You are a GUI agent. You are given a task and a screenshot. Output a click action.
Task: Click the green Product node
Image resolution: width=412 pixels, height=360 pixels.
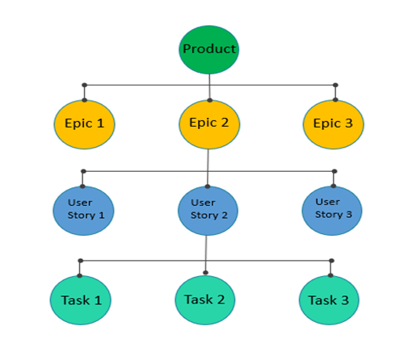pos(209,49)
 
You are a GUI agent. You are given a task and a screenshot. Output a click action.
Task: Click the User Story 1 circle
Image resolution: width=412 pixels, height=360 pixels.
pos(84,210)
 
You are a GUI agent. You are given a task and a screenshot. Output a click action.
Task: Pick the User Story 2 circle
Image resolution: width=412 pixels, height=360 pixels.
pos(208,210)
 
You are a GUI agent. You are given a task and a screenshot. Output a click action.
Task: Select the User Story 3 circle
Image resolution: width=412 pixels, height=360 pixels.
pos(333,210)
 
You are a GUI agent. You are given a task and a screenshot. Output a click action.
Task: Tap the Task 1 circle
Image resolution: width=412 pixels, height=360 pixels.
pos(81,299)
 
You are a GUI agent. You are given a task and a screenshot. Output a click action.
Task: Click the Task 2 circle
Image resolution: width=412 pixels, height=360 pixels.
pos(205,299)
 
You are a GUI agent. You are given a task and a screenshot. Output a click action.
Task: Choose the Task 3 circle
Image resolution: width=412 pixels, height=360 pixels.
pos(330,299)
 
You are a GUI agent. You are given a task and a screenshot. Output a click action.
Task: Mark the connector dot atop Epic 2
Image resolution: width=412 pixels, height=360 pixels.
pos(210,100)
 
